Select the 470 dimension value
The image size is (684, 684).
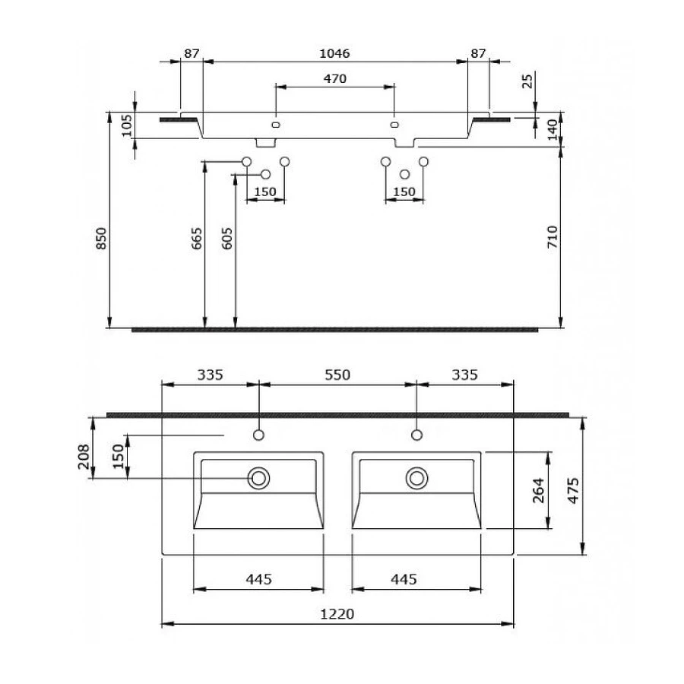335,78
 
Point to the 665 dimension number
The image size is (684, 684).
196,239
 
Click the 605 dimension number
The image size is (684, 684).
227,239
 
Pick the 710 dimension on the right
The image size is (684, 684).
552,237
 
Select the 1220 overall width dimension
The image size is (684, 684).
340,613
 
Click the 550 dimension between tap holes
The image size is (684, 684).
337,374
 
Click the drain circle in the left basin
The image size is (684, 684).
258,478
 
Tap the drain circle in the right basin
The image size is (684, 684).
416,478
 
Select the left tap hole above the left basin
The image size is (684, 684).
258,435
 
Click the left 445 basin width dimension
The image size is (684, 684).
258,579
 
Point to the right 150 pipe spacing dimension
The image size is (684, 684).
404,192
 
